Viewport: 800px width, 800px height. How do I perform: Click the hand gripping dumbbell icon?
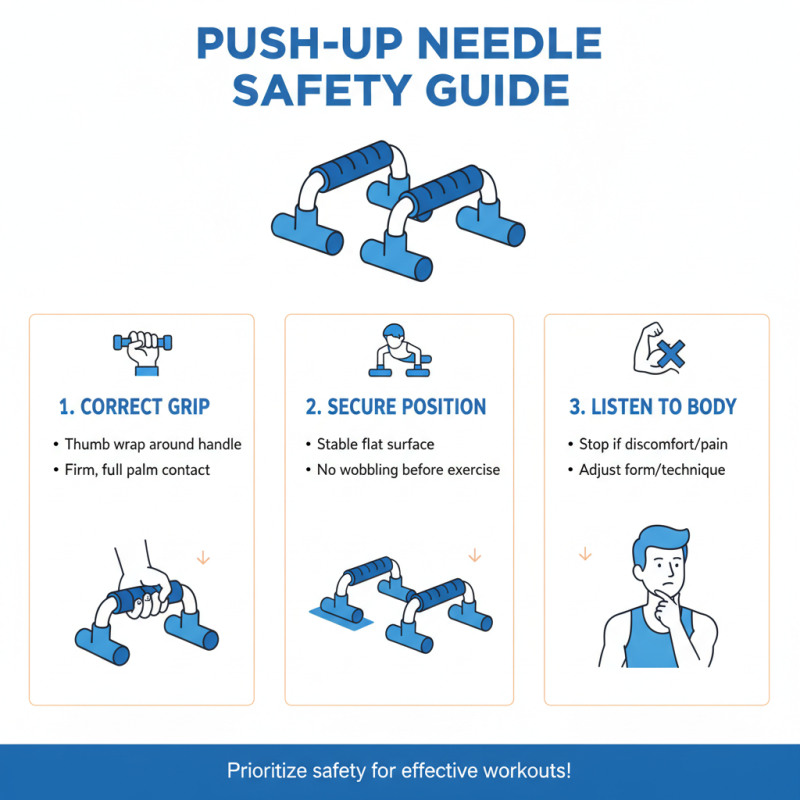(x=141, y=352)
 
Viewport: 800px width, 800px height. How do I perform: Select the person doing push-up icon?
(x=398, y=351)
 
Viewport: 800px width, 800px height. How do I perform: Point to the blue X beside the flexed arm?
(x=672, y=352)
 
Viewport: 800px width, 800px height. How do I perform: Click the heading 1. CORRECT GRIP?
(x=134, y=407)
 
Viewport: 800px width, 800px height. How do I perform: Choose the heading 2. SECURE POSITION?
(x=396, y=407)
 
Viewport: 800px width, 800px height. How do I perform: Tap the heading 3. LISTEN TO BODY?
(x=653, y=407)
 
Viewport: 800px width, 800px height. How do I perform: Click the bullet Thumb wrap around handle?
(x=153, y=444)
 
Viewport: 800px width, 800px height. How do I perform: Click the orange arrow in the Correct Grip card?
(x=203, y=557)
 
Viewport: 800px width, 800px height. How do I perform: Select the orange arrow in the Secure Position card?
(x=475, y=556)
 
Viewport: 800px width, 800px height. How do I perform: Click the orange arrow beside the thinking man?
(x=585, y=554)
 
